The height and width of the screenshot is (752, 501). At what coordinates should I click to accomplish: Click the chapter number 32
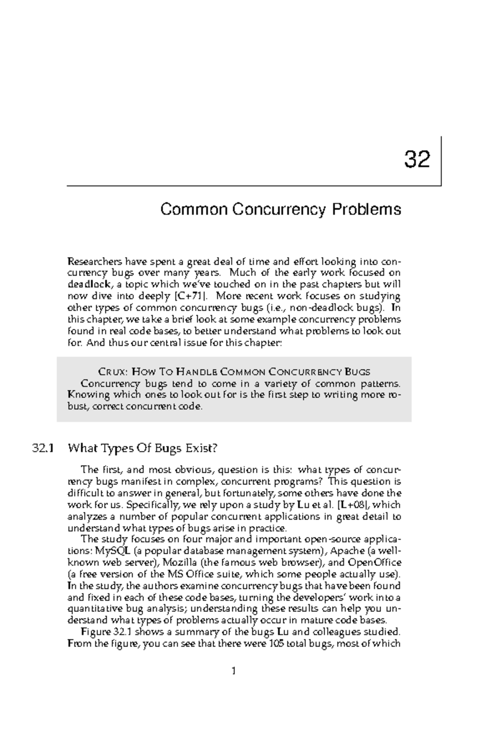click(417, 160)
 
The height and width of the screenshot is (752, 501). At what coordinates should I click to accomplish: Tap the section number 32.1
click(43, 449)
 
